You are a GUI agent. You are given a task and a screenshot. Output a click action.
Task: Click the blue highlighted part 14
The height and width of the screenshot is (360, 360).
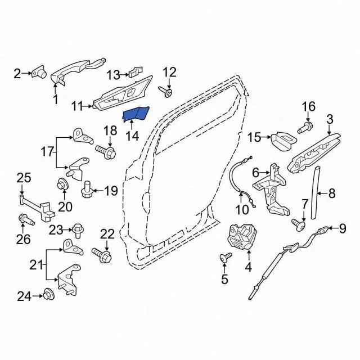pos(136,114)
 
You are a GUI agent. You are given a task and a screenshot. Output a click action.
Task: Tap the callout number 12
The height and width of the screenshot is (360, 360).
pos(169,72)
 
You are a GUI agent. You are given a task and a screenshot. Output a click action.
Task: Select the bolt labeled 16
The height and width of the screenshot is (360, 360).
pos(305,128)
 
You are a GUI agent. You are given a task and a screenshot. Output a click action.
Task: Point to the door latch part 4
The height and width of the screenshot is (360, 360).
pos(241,237)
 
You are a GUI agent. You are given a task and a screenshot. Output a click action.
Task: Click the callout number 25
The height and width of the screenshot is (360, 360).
pos(24,178)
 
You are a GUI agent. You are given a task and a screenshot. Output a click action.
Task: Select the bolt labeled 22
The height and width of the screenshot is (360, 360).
pos(102,255)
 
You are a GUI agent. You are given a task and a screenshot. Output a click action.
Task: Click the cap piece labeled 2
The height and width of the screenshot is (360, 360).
pos(39,73)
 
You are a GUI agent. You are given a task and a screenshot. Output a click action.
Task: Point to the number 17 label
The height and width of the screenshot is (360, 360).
pos(47,152)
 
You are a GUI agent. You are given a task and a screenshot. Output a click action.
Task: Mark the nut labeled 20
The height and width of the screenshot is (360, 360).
pos(62,184)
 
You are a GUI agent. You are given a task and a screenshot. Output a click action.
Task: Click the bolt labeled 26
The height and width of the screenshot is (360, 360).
pos(26,219)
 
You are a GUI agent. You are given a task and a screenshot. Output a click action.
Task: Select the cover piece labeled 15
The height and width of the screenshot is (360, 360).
pos(283,141)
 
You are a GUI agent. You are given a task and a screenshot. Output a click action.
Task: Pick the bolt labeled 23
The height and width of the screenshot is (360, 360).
pos(78,231)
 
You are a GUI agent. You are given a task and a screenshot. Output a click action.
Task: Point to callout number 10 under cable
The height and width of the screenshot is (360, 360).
pos(242,209)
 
